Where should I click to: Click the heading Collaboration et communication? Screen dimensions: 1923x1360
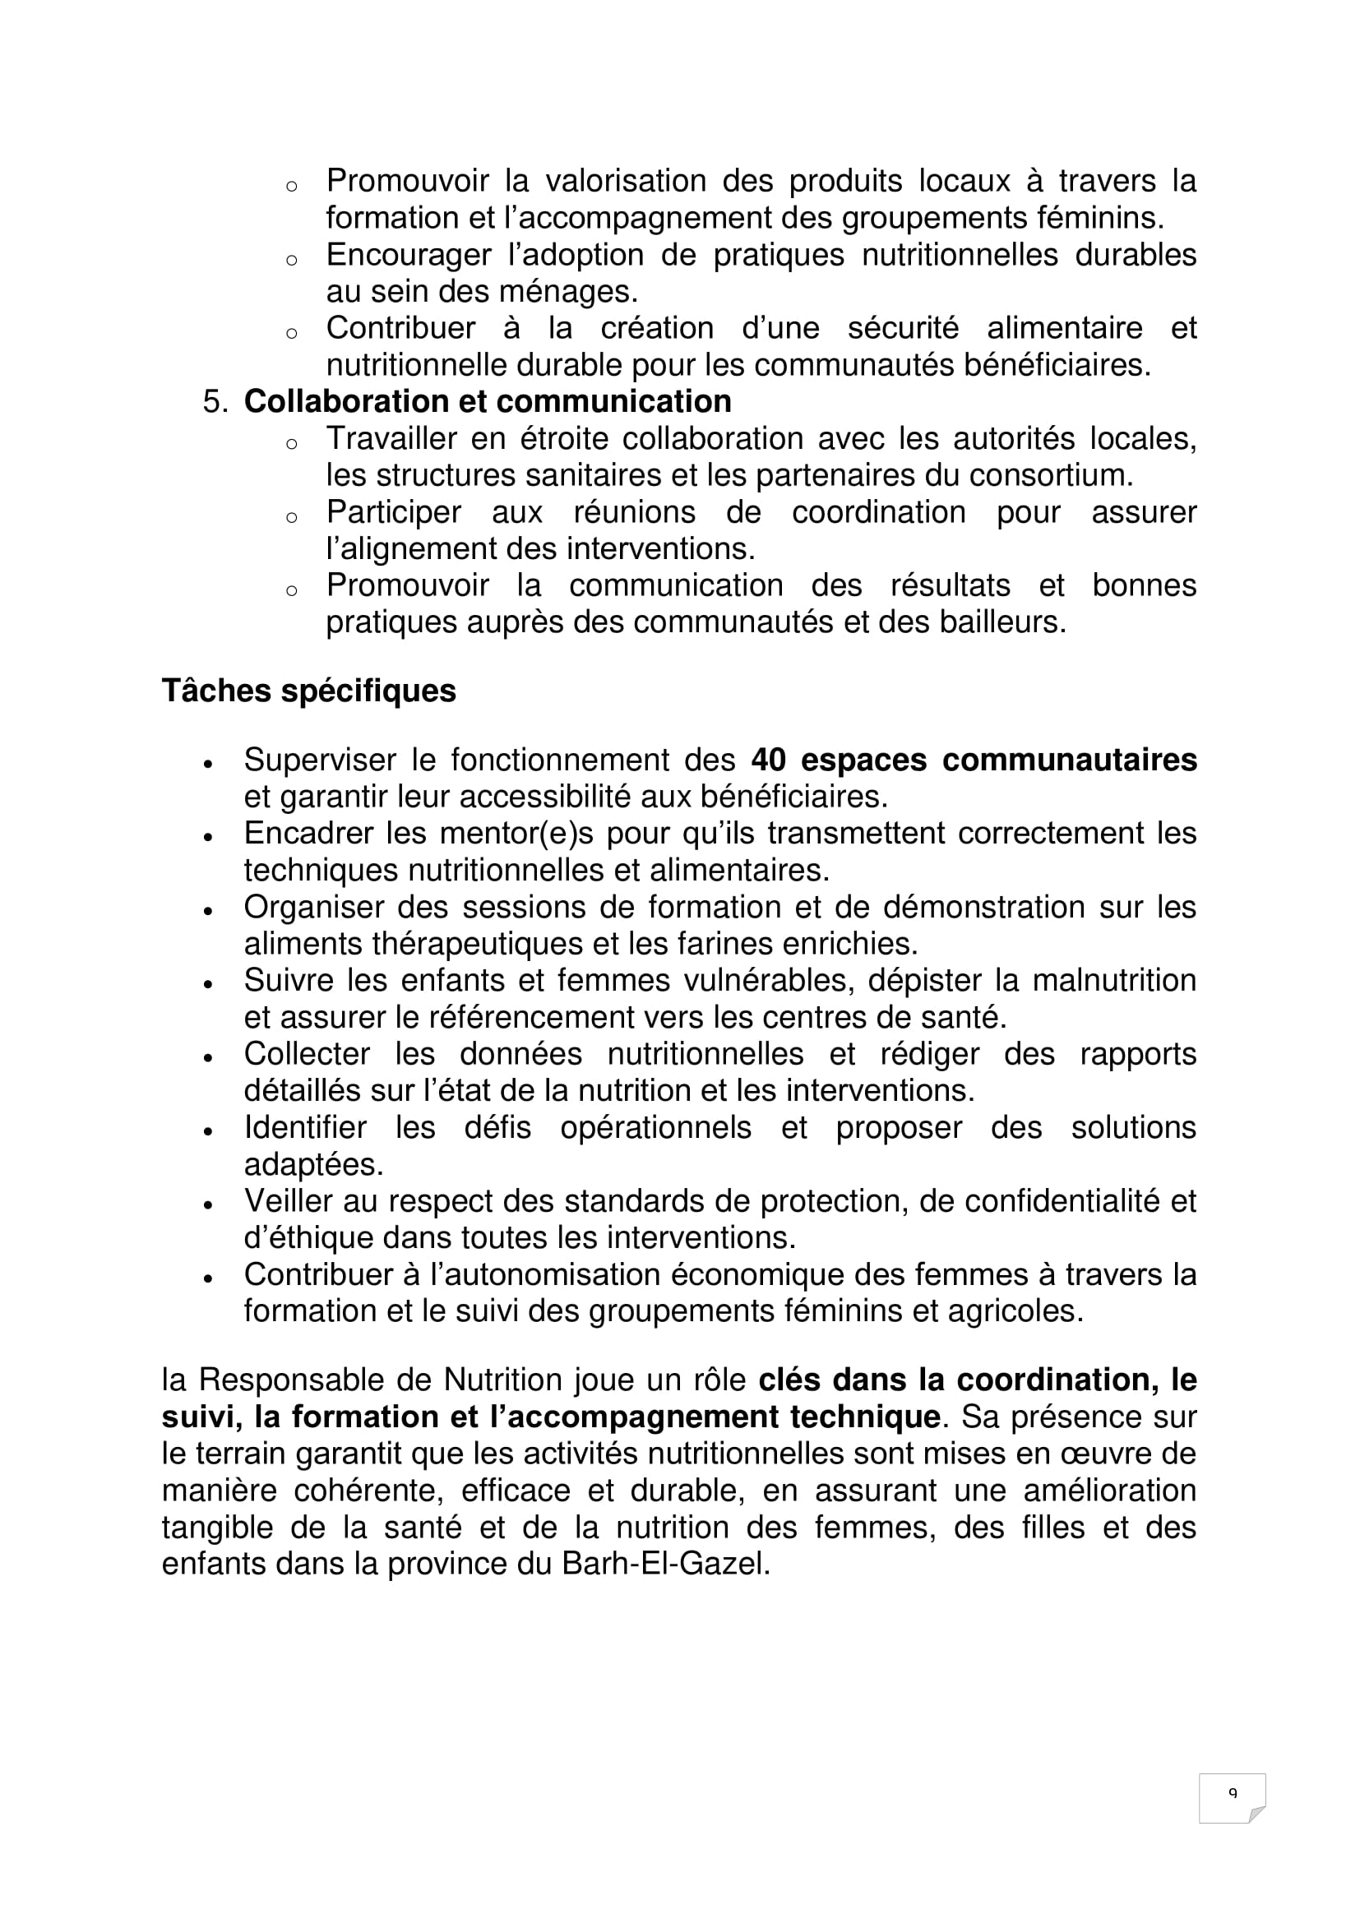(x=488, y=401)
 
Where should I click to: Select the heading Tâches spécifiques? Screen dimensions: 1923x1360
(x=308, y=690)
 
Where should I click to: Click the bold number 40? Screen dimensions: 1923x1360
(x=768, y=760)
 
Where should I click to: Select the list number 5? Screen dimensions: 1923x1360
(x=215, y=401)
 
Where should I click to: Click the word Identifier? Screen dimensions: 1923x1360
(x=305, y=1127)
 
